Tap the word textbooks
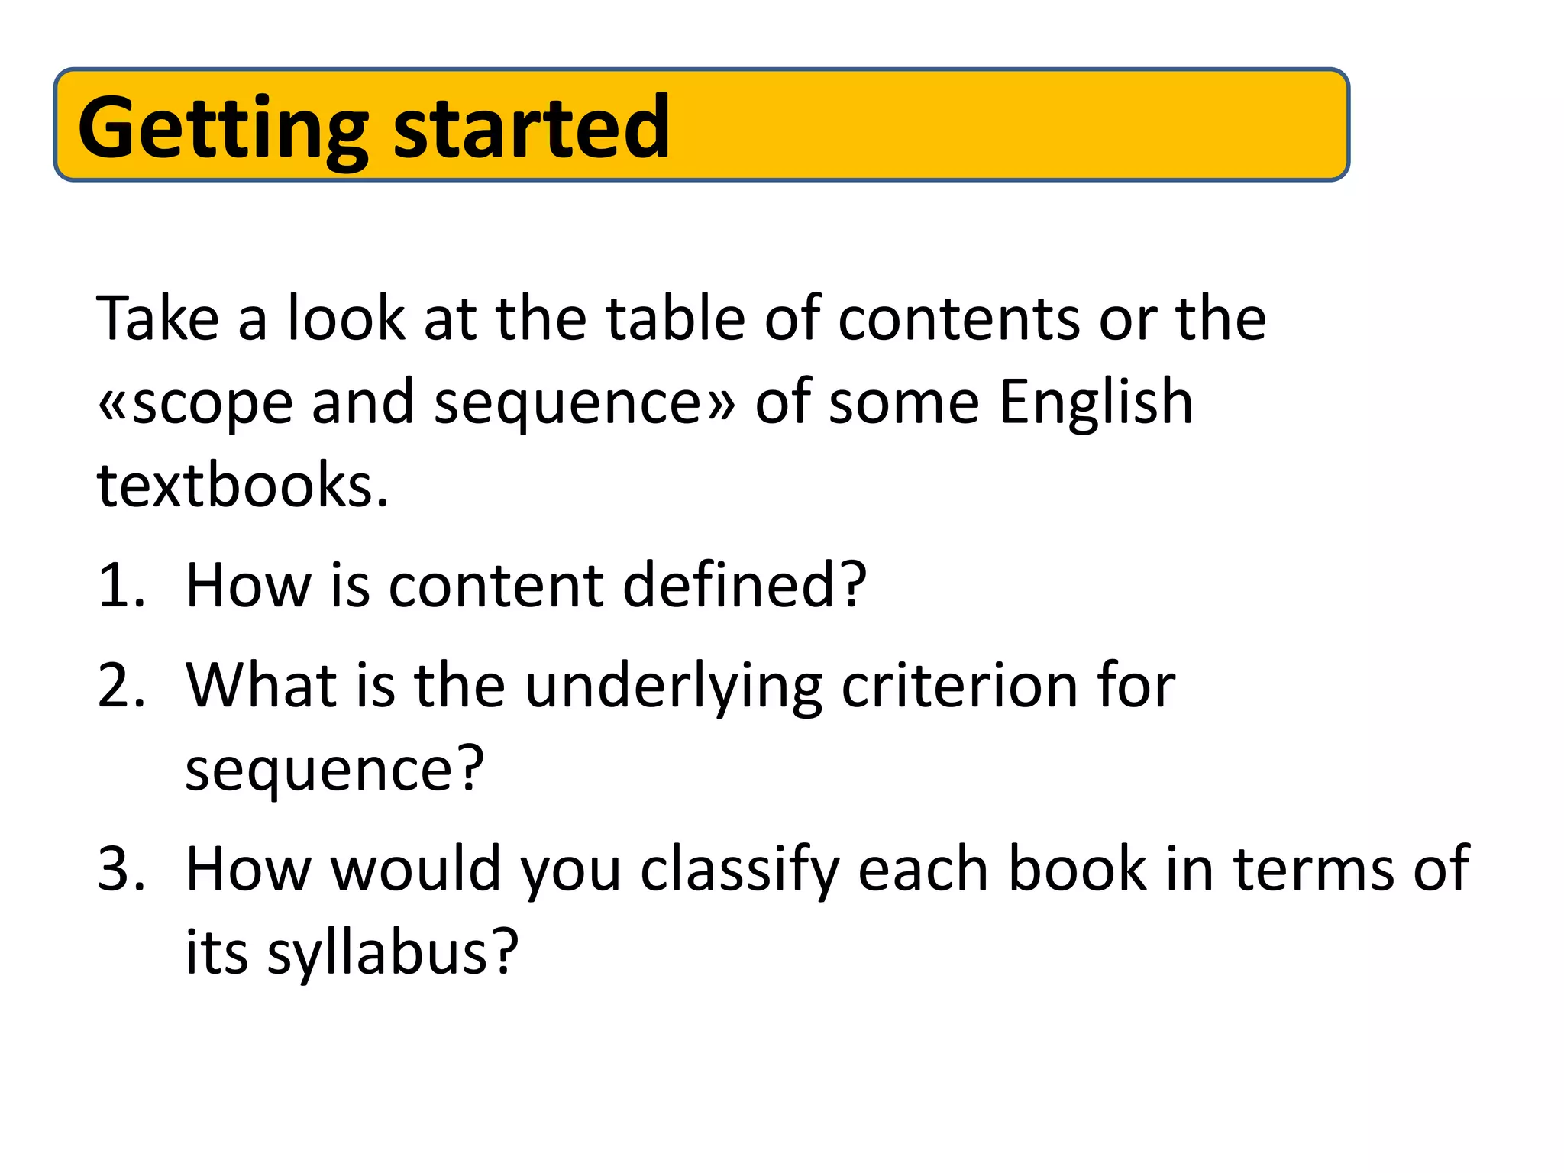[243, 485]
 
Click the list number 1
[121, 586]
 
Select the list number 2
[121, 685]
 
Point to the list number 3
[121, 868]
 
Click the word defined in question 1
[745, 585]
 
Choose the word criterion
[959, 685]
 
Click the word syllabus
[392, 954]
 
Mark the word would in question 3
[415, 868]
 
